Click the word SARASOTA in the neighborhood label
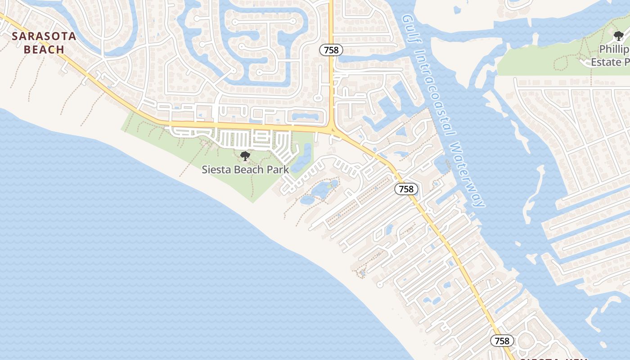[44, 36]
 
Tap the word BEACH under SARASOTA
[44, 49]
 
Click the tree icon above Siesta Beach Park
[245, 156]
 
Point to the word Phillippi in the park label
[614, 49]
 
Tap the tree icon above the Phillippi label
[618, 36]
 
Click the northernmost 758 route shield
[331, 50]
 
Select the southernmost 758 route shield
[502, 341]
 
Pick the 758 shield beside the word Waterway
[406, 189]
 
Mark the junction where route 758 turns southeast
[332, 128]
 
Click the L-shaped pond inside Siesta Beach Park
[302, 157]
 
